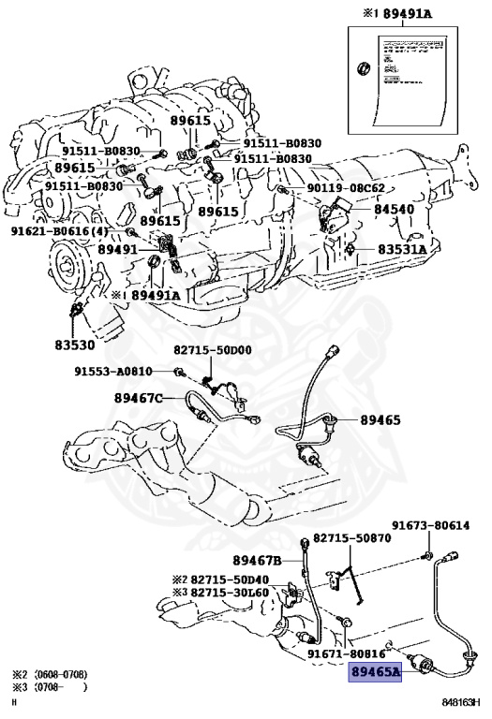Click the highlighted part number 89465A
coord(375,671)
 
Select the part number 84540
coord(394,210)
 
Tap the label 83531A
coord(402,250)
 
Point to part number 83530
coord(75,345)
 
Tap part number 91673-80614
coord(430,526)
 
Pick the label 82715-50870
coord(351,538)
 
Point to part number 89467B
coord(258,560)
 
